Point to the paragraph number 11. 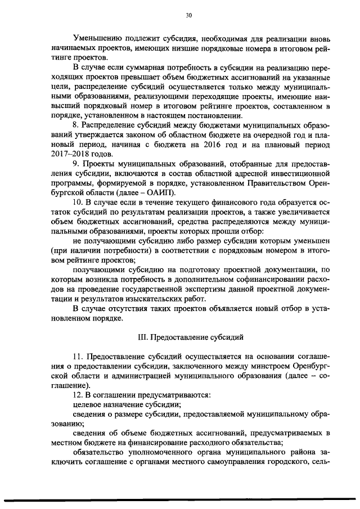(78, 357)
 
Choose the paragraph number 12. (78, 395)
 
